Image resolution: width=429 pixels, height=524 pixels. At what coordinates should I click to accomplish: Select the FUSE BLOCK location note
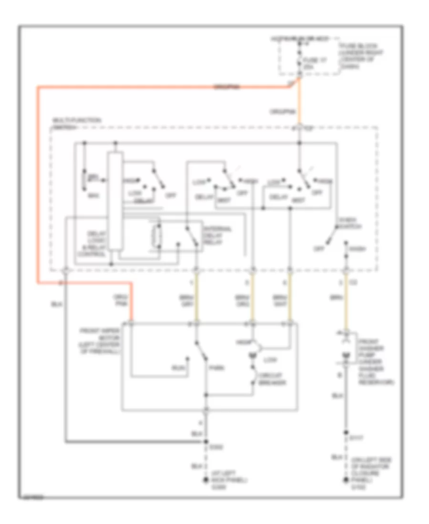coord(355,56)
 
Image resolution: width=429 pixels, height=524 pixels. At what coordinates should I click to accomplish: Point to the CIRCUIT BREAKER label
coord(270,380)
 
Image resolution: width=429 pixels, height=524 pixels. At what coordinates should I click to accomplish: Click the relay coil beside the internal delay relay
coord(156,235)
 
